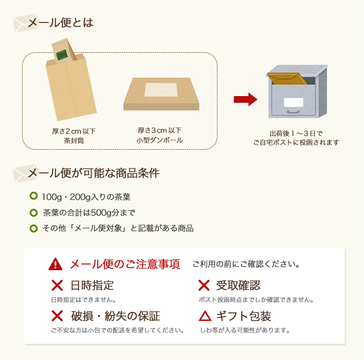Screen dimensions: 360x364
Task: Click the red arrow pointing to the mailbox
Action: [245, 100]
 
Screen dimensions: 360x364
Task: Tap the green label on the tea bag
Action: [62, 54]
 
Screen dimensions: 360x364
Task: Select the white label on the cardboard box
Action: [161, 89]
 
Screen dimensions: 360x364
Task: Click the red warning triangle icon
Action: [55, 264]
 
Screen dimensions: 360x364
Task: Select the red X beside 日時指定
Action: [57, 285]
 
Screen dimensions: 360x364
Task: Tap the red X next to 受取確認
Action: [204, 285]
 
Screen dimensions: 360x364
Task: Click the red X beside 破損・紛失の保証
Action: [57, 316]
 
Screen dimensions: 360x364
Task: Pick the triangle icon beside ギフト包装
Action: [205, 316]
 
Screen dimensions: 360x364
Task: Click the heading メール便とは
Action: [60, 22]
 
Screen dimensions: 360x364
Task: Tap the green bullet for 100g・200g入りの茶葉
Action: [33, 196]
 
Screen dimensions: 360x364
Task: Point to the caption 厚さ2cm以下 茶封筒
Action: [74, 136]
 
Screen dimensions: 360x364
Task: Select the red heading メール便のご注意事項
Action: [124, 264]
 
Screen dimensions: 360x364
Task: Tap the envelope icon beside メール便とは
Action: [19, 23]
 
